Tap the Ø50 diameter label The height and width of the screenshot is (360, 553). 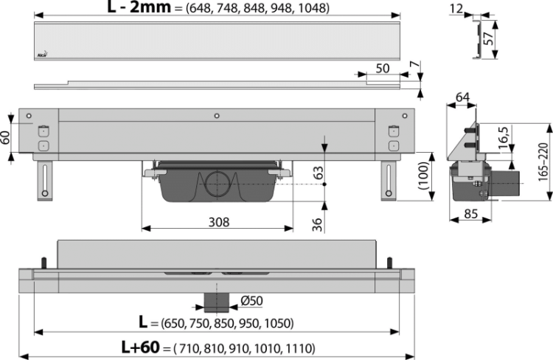coord(251,300)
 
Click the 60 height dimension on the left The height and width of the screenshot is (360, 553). coord(6,137)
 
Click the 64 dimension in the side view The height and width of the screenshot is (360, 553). coord(462,97)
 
